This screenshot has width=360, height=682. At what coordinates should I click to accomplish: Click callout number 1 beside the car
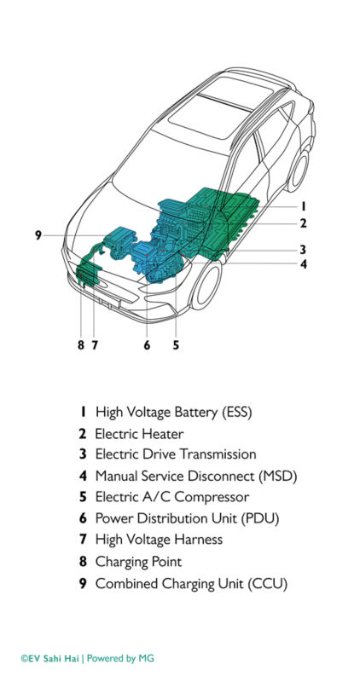pyautogui.click(x=302, y=205)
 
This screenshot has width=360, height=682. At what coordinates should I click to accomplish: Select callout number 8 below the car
pyautogui.click(x=80, y=345)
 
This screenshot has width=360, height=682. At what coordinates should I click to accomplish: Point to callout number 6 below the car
pyautogui.click(x=147, y=345)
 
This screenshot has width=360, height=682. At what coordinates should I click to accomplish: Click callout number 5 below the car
pyautogui.click(x=175, y=345)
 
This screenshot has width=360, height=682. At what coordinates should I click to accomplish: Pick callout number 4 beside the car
pyautogui.click(x=302, y=263)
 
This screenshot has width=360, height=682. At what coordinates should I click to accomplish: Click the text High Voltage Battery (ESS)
pyautogui.click(x=173, y=412)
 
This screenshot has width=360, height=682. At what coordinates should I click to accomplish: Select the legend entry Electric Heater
pyautogui.click(x=139, y=434)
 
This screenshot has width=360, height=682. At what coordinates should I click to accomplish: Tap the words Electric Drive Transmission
pyautogui.click(x=175, y=455)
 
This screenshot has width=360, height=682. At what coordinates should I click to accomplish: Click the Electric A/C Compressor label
pyautogui.click(x=172, y=498)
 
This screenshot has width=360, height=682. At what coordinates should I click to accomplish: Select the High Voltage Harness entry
pyautogui.click(x=159, y=540)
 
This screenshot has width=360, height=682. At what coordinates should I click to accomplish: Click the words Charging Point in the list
pyautogui.click(x=138, y=562)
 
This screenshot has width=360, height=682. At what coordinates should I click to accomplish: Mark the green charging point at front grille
pyautogui.click(x=87, y=275)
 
